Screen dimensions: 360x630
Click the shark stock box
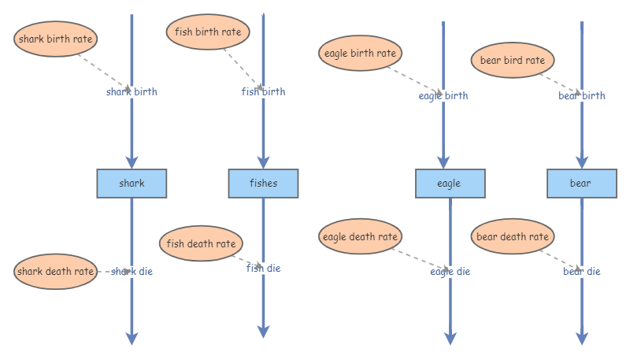point(132,184)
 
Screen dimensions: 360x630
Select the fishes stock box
point(263,184)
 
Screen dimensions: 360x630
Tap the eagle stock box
point(449,184)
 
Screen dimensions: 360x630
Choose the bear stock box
point(580,184)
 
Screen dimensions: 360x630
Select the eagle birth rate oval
point(360,54)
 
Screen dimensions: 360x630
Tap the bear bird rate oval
point(513,60)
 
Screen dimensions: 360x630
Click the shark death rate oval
point(56,272)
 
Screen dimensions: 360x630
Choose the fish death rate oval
point(201,243)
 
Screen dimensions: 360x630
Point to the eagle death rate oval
point(361,236)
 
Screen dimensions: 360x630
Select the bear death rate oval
point(513,236)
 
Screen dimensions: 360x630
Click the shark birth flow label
point(132,91)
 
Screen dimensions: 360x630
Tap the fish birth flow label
point(263,91)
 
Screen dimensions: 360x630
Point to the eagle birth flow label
point(443,96)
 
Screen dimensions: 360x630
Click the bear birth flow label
point(582,96)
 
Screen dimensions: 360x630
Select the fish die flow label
point(263,268)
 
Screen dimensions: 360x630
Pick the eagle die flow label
point(450,271)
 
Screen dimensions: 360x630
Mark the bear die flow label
point(582,271)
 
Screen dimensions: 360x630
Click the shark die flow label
point(132,271)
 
